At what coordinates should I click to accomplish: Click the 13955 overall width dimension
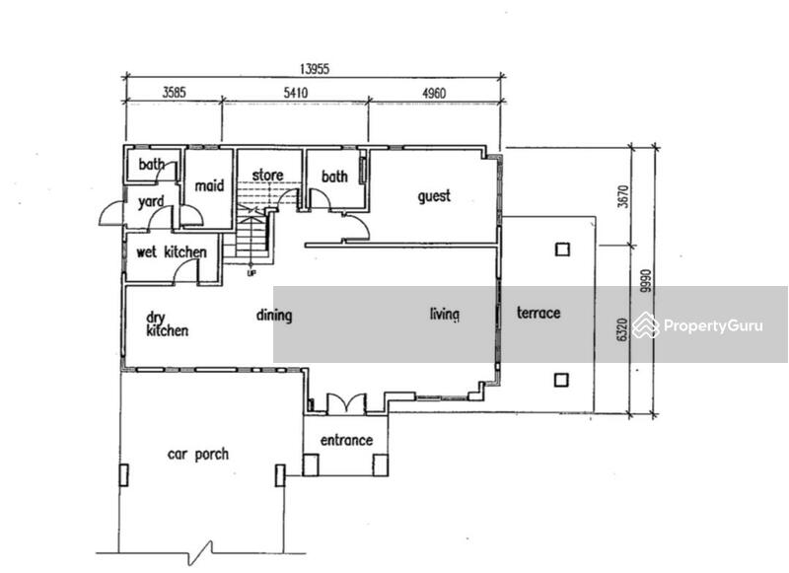coord(315,68)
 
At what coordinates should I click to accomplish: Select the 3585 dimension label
coord(175,92)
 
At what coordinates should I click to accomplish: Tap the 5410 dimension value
coord(295,93)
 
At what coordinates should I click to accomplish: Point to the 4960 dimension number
coord(434,93)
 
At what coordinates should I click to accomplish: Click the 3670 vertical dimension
coord(623,196)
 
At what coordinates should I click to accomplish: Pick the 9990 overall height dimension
coord(646,281)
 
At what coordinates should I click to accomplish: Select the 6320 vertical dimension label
coord(622,330)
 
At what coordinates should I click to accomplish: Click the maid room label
coord(209,185)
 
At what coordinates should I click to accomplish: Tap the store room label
coord(267,176)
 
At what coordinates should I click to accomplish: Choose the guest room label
coord(434,195)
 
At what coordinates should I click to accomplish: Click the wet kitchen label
coord(172,251)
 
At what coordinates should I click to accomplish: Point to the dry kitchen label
coord(167,324)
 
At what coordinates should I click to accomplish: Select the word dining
coord(274,316)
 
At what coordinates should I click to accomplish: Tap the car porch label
coord(198,455)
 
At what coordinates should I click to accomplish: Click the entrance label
coord(347,440)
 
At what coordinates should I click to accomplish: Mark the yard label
coord(151,202)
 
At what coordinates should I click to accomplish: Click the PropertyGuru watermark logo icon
coord(646,325)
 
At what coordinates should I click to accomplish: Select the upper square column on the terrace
coord(562,249)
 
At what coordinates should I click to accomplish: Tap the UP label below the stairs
coord(251,273)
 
